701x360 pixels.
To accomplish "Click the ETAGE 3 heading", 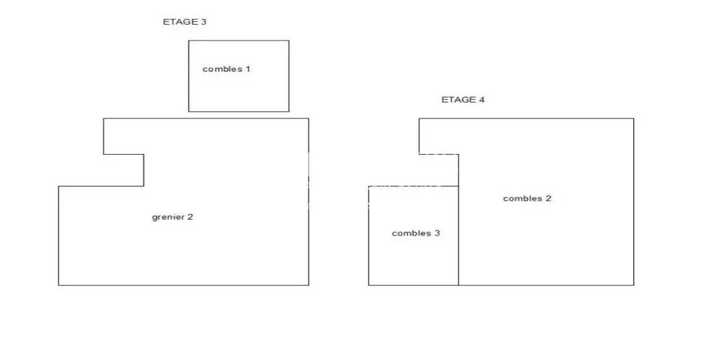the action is point(184,22).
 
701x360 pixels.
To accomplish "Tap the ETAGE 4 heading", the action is point(463,100).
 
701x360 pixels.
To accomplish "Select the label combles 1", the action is point(226,69).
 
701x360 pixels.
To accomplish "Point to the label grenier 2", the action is point(173,218).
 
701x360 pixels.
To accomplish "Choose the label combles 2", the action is point(527,199).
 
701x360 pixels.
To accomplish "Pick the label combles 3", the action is point(416,233).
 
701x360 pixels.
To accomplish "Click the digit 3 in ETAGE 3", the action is point(204,22).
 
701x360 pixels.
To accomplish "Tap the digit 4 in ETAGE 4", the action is point(481,100).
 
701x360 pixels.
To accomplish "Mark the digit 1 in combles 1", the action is point(248,69).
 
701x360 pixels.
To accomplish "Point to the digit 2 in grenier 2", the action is point(190,217).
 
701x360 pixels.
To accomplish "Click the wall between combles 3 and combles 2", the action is point(458,236).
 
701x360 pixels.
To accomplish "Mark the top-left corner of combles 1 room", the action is point(189,40).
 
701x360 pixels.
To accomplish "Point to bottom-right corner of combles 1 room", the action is point(289,111).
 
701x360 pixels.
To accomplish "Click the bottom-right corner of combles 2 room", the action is point(634,285).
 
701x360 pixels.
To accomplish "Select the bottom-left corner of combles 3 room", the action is point(369,285).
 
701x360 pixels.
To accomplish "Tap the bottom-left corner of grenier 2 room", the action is point(59,285).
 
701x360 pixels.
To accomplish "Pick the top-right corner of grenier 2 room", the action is point(309,119).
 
